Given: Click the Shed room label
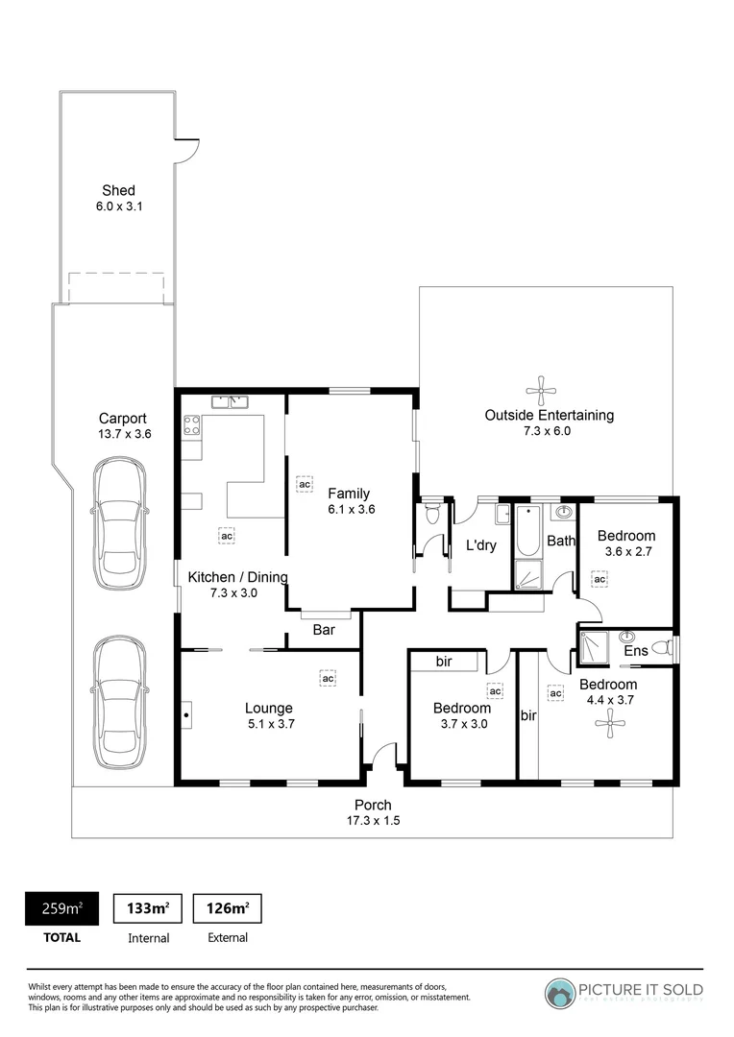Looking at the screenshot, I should [118, 190].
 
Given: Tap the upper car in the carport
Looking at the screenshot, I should [120, 517].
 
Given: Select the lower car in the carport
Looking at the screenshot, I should [120, 703].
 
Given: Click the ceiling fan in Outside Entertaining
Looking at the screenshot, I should [542, 389].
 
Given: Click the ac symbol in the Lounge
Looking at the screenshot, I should [328, 679].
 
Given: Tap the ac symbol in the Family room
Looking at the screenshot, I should [304, 485].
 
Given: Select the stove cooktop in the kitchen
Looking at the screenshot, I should [191, 424].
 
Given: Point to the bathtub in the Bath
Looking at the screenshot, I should [527, 533].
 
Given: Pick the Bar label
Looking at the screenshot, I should [324, 632].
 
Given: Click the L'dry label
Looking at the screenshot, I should [479, 545].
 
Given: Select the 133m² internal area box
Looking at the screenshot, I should [148, 907].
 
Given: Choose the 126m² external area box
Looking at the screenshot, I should [228, 907].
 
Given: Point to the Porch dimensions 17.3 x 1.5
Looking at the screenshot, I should [373, 821].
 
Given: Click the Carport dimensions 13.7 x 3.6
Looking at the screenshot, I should [125, 434].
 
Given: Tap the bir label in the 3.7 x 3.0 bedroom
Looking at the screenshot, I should [444, 662].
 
